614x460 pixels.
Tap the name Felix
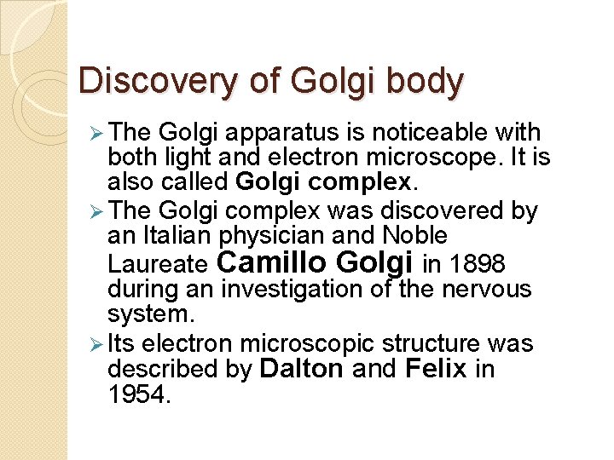436,369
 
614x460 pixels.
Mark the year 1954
139,395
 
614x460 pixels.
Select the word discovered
437,210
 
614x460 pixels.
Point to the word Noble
415,235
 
